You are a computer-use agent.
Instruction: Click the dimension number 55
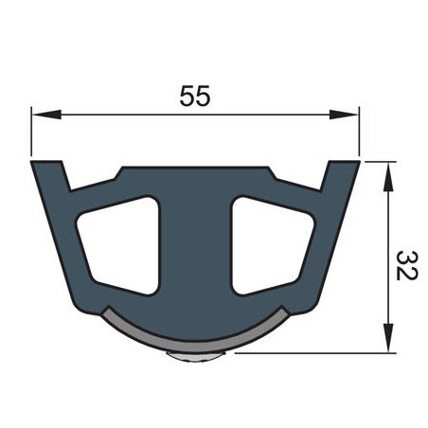click(194, 96)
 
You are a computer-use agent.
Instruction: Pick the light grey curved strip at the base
click(194, 335)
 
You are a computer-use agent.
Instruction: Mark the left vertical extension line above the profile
click(30, 133)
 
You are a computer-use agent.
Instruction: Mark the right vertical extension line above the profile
click(360, 133)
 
